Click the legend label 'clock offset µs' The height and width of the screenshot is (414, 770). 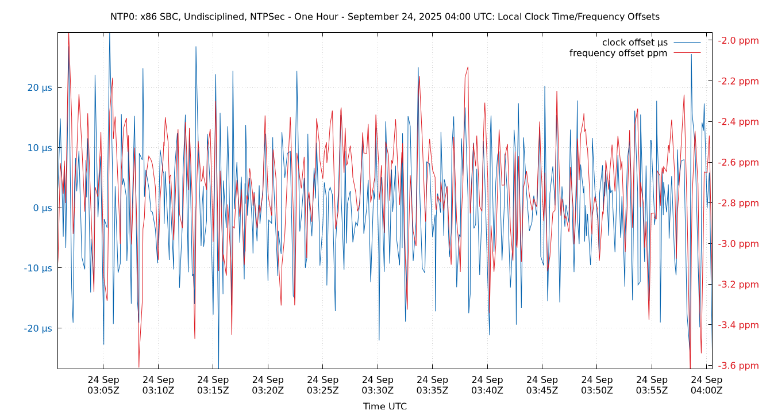(x=634, y=43)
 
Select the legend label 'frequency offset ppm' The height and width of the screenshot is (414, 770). (x=618, y=53)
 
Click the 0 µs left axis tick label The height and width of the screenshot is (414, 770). (x=43, y=208)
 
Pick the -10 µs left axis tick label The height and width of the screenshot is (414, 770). (x=38, y=268)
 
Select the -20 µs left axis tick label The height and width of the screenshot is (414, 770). (x=38, y=328)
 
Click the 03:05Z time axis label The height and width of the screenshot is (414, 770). (x=103, y=385)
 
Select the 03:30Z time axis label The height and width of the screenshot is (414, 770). (x=378, y=385)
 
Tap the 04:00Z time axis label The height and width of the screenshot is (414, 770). (x=706, y=385)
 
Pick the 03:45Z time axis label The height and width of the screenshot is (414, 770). (x=542, y=385)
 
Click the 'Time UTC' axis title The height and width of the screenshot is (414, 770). (x=384, y=406)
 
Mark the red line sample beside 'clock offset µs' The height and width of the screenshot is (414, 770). (x=687, y=43)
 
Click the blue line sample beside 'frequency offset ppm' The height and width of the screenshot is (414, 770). (x=687, y=53)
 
